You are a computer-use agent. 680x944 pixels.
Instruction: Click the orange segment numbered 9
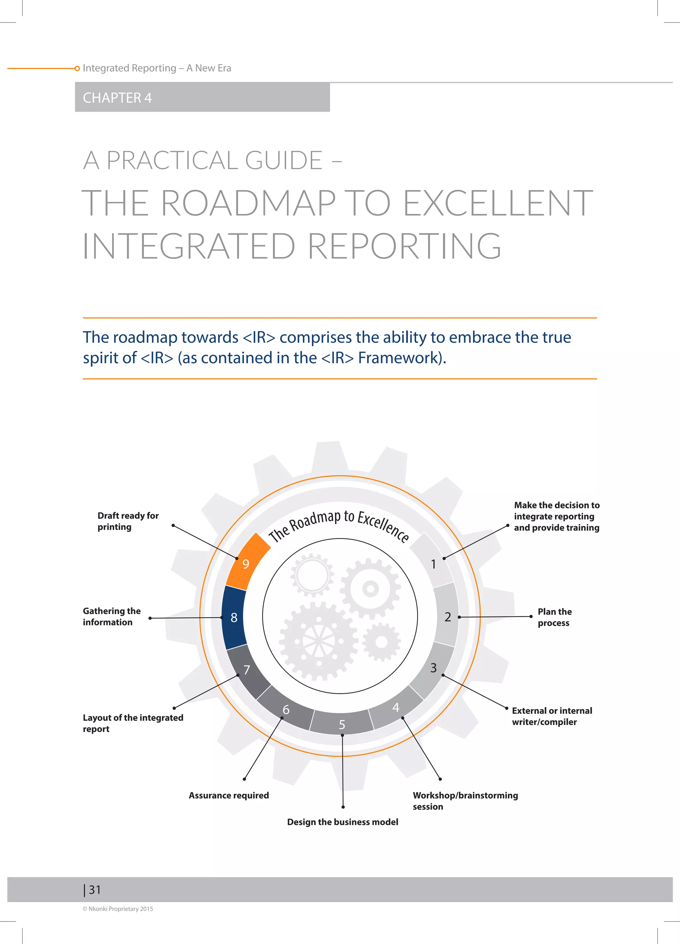click(246, 563)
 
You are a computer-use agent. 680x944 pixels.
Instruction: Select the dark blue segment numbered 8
click(234, 617)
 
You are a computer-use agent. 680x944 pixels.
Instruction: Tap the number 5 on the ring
click(342, 725)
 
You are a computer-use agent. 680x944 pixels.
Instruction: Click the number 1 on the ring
click(433, 564)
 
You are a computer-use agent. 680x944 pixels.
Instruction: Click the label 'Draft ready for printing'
click(128, 521)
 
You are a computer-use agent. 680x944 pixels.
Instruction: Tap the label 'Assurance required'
click(229, 795)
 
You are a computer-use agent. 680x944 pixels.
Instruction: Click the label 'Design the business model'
click(342, 822)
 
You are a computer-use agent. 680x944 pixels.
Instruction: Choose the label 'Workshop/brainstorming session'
click(465, 801)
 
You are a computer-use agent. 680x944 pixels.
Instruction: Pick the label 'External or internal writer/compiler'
click(552, 716)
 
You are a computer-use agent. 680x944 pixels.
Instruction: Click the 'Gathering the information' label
click(112, 616)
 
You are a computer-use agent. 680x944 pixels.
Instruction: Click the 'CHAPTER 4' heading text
click(117, 98)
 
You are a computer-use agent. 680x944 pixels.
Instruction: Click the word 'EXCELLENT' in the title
click(498, 203)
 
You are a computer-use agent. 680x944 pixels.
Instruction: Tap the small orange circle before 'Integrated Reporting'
click(77, 68)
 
